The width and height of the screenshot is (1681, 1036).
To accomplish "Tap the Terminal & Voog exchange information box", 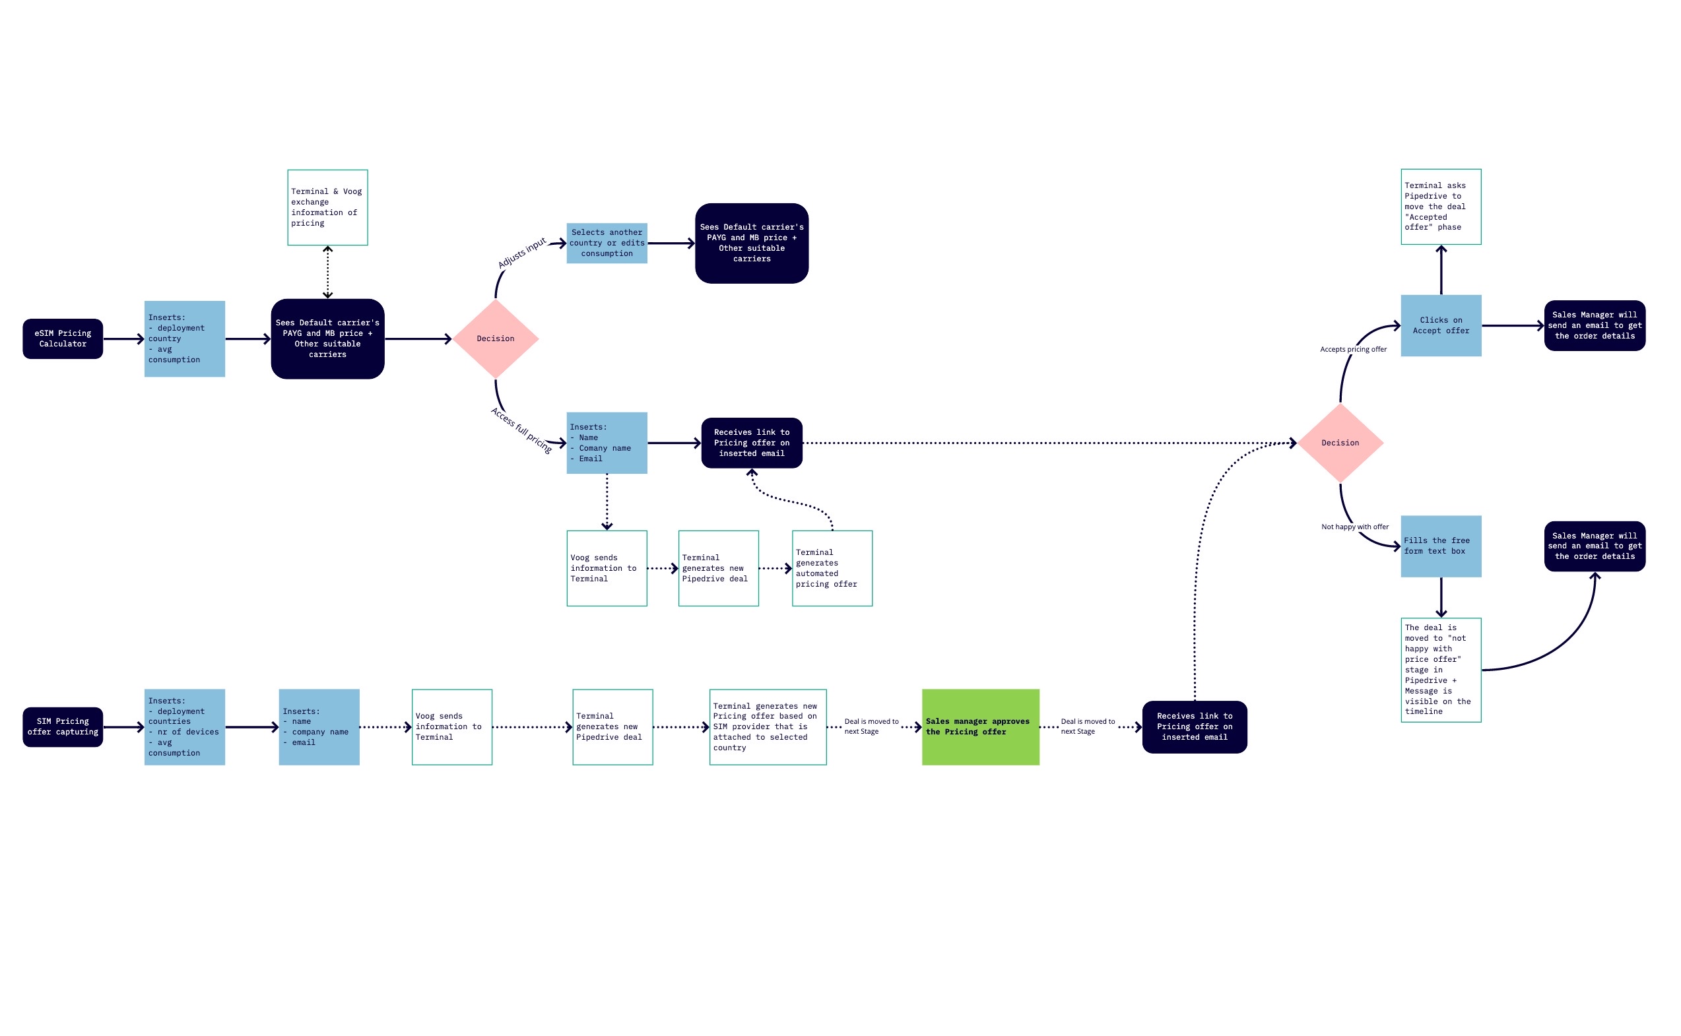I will point(327,207).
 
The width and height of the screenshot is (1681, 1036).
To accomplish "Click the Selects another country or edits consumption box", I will point(607,243).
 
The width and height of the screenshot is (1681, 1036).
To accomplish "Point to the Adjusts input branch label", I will point(521,253).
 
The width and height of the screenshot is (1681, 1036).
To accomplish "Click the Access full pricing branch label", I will point(521,430).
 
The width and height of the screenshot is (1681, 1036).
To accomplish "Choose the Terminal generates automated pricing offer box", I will point(832,568).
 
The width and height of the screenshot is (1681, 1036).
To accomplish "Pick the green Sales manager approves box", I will point(980,727).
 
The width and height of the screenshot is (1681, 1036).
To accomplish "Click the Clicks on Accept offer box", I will point(1441,325).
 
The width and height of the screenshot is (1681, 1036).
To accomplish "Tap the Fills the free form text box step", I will point(1441,546).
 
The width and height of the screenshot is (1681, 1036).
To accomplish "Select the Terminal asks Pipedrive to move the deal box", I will point(1441,207).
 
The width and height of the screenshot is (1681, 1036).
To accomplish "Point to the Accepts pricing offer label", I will point(1353,350).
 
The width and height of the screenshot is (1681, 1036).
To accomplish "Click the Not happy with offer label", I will point(1354,527).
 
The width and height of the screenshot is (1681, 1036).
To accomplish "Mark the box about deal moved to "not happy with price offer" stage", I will point(1441,669).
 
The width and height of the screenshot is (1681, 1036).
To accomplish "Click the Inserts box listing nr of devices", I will point(184,727).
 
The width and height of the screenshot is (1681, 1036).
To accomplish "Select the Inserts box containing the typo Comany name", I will point(607,443).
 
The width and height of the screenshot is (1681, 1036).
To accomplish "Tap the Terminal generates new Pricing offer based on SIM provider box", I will point(768,727).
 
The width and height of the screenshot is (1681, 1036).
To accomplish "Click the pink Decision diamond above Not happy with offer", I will point(1340,443).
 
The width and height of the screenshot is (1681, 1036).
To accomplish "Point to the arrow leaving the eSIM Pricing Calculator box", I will point(123,339).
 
